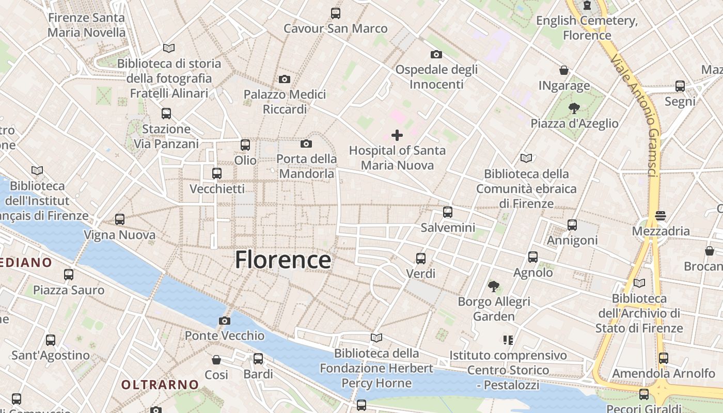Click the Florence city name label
tap(282, 260)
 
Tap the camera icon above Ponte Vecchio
tap(224, 321)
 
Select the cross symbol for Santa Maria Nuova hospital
tap(397, 135)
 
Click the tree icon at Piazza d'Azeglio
tap(573, 108)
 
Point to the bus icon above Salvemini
tap(447, 212)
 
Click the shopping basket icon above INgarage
tap(564, 70)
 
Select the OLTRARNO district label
tap(160, 385)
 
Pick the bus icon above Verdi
tap(420, 258)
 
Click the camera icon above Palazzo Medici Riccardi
tap(284, 79)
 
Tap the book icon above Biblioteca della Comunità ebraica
tap(526, 158)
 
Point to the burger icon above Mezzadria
tap(661, 215)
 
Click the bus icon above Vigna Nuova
tap(120, 219)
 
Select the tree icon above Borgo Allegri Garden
tap(494, 285)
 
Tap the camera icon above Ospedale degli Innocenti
tap(436, 54)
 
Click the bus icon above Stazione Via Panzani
tap(166, 114)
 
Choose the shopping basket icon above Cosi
tap(216, 359)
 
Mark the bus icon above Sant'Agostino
tap(50, 340)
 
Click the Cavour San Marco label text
tap(335, 28)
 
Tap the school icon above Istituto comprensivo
tap(508, 340)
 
